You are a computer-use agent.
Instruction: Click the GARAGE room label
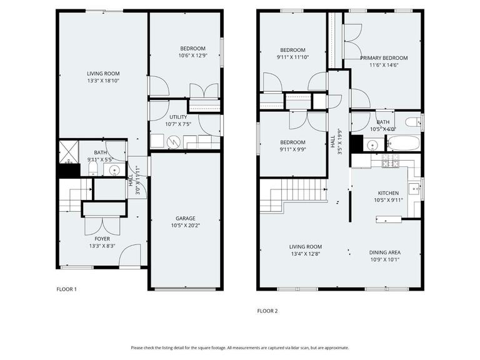(x=186, y=218)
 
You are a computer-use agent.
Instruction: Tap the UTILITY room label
(x=178, y=117)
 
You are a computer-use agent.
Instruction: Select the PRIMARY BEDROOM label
(x=384, y=58)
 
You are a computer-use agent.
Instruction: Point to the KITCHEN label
(x=388, y=193)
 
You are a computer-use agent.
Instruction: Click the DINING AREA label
(x=385, y=252)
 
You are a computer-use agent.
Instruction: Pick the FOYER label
(x=102, y=239)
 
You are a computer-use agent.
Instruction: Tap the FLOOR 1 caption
(x=66, y=289)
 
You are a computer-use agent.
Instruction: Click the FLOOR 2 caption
(x=267, y=311)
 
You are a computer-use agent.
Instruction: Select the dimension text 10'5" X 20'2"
(x=186, y=226)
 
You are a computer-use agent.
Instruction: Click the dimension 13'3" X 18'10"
(x=103, y=81)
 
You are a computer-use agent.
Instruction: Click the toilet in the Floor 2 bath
(x=413, y=122)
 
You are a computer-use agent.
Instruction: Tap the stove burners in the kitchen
(x=391, y=161)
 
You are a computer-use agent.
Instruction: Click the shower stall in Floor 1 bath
(x=69, y=152)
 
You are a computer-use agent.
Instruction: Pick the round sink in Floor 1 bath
(x=114, y=169)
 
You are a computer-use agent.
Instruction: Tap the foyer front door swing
(x=130, y=255)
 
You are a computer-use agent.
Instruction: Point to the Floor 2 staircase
(x=294, y=195)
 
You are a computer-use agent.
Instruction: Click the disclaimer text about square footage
(x=240, y=347)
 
